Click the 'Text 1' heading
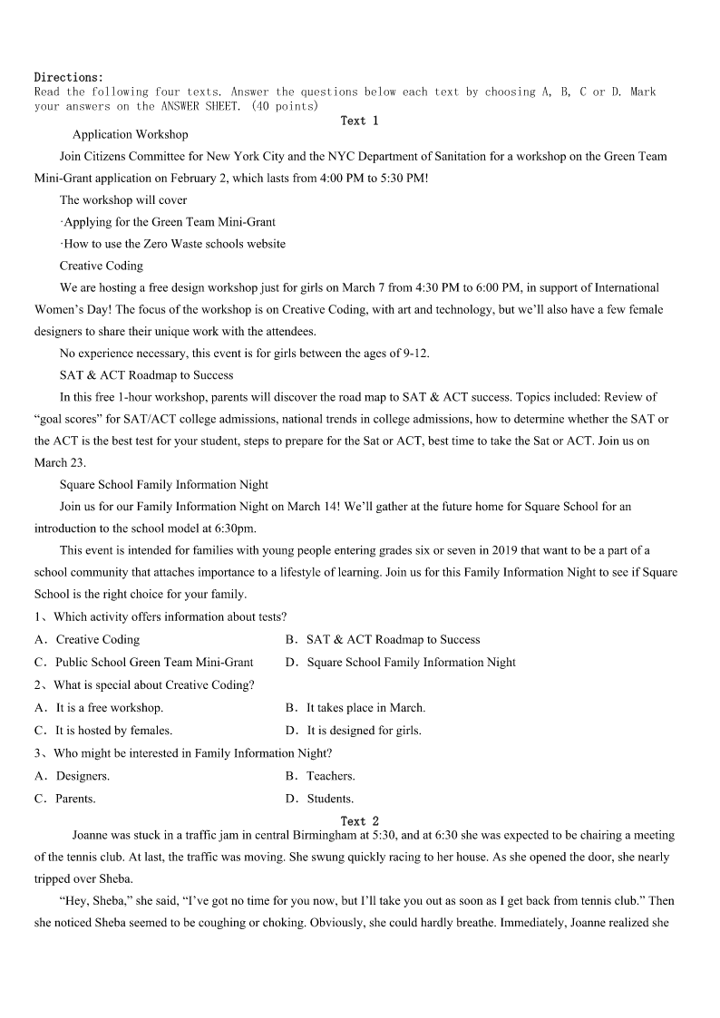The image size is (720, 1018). click(x=359, y=121)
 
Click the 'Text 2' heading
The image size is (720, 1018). click(x=359, y=821)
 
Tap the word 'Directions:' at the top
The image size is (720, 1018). click(x=69, y=77)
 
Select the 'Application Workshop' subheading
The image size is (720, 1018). click(x=130, y=134)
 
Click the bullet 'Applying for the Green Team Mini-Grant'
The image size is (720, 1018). click(x=169, y=221)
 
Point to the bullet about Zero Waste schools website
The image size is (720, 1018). click(x=173, y=244)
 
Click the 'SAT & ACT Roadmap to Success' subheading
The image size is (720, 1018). click(x=146, y=374)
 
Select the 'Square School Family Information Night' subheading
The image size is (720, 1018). click(x=164, y=484)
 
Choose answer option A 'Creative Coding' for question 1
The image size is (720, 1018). click(x=97, y=639)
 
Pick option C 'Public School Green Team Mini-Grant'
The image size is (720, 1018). click(x=154, y=662)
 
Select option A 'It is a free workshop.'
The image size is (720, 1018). click(x=109, y=707)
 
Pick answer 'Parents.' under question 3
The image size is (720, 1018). click(x=75, y=799)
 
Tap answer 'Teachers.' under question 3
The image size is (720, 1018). click(x=330, y=776)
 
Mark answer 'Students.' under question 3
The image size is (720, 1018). click(x=330, y=799)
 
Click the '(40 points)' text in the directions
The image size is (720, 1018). click(x=285, y=106)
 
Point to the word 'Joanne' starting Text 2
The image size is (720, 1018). click(x=90, y=835)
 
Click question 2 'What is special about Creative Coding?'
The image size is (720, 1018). click(x=153, y=684)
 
